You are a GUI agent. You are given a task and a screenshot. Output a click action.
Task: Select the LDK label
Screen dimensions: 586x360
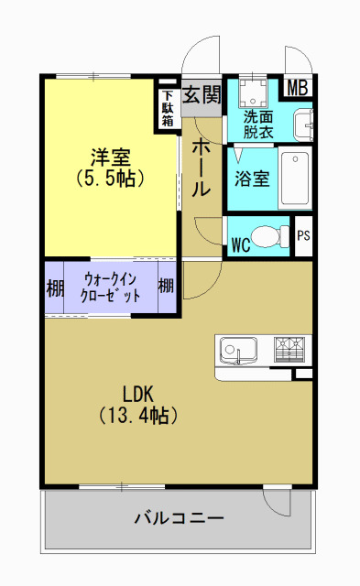click(137, 394)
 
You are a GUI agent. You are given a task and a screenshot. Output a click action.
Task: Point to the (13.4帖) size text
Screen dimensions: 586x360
click(137, 415)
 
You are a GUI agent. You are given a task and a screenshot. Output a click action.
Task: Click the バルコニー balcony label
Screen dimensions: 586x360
click(180, 519)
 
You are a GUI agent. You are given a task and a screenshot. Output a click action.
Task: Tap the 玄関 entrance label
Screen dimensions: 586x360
click(202, 93)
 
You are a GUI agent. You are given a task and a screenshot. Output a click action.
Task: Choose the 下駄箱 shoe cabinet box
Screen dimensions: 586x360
click(169, 108)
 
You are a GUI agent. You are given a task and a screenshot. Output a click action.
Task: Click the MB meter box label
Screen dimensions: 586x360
click(298, 88)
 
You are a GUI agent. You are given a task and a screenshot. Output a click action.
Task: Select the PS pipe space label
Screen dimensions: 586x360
click(303, 235)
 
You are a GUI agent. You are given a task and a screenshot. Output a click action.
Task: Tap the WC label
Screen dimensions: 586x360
click(241, 245)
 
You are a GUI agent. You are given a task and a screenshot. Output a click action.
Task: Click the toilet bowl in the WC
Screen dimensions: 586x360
click(268, 237)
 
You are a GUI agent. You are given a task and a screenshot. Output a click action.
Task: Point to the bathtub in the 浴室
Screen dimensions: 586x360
click(296, 177)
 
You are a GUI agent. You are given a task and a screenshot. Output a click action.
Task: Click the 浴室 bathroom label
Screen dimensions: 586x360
click(251, 178)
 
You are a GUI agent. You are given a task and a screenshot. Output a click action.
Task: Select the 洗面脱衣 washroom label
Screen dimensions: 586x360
click(258, 124)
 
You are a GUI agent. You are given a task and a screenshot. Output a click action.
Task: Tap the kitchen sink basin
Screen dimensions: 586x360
click(237, 352)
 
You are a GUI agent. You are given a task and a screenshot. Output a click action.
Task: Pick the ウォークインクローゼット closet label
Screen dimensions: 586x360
click(112, 288)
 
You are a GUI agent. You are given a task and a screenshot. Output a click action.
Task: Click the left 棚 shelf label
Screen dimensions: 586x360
click(55, 288)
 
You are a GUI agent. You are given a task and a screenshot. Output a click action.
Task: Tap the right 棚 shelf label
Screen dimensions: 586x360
click(166, 287)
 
